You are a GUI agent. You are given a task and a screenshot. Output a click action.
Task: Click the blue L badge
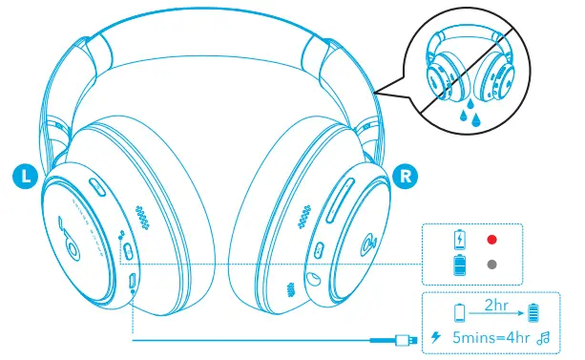[x=27, y=175]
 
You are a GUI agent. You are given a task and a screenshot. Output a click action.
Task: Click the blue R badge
[x=405, y=176]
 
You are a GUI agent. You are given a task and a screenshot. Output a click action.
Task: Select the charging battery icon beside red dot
[x=461, y=239]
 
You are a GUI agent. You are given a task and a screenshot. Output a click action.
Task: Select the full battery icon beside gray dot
[x=461, y=265]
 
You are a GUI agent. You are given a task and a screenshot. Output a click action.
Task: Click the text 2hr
[x=494, y=305]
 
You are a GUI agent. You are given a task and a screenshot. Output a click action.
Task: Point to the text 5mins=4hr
[x=492, y=336]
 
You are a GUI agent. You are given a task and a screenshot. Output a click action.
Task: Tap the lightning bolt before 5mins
[x=437, y=336]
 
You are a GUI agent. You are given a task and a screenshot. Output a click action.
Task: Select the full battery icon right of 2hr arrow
[x=533, y=313]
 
